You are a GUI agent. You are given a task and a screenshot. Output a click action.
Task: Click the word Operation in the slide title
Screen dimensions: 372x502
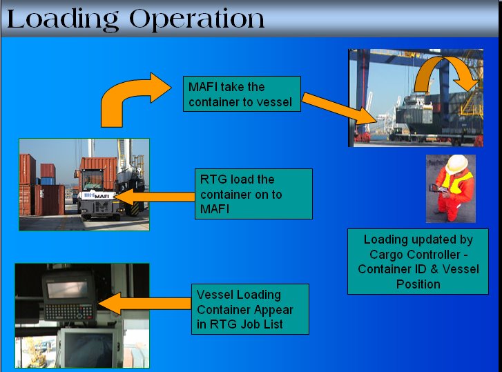click(197, 19)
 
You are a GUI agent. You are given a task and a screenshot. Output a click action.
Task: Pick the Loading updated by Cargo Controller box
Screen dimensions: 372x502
click(418, 261)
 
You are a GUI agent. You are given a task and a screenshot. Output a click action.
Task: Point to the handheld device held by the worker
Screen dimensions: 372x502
click(439, 188)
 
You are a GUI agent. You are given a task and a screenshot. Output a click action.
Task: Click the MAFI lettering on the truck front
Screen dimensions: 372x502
click(102, 196)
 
